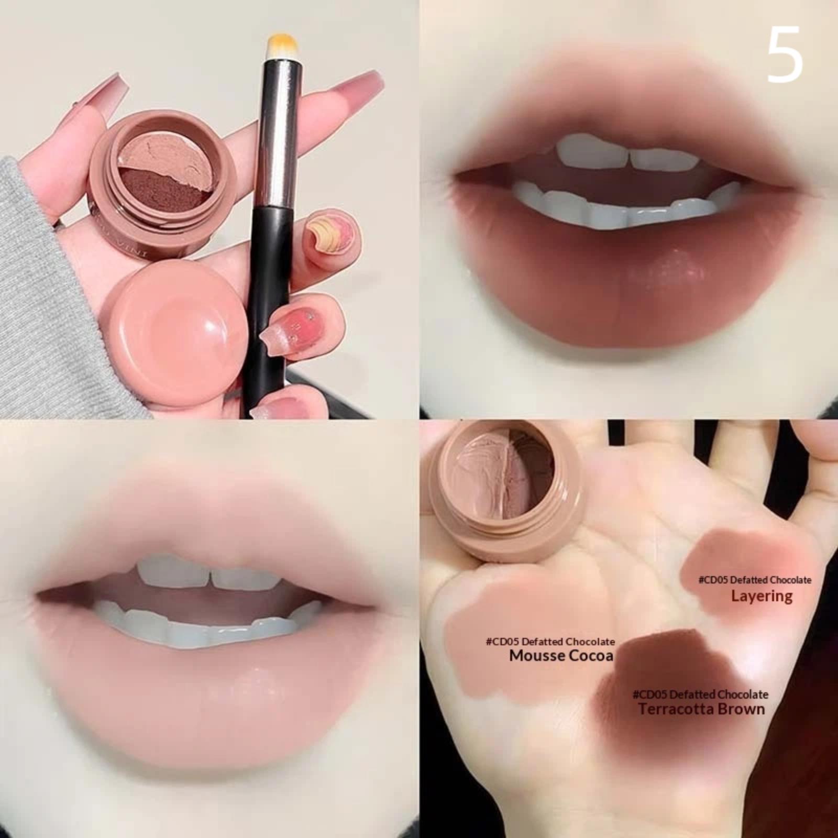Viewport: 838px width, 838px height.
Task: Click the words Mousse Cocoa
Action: point(561,656)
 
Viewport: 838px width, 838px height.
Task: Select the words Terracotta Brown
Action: point(701,709)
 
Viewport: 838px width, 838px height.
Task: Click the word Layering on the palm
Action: point(762,596)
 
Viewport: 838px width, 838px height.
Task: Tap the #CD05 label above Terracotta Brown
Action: point(700,694)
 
